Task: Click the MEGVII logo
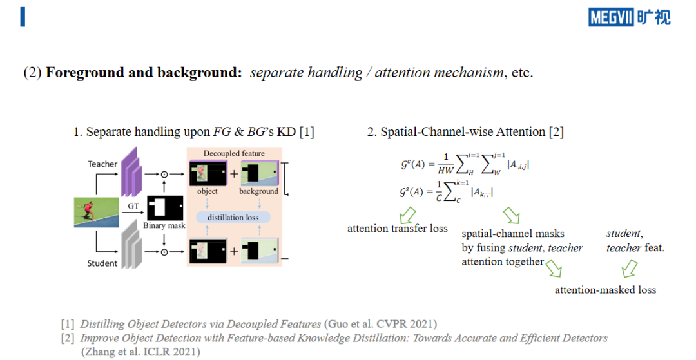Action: pyautogui.click(x=630, y=17)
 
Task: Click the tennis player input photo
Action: pyautogui.click(x=96, y=213)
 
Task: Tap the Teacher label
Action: pyautogui.click(x=102, y=164)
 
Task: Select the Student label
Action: pyautogui.click(x=102, y=263)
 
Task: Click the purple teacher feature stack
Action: pyautogui.click(x=131, y=172)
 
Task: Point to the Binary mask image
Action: pyautogui.click(x=165, y=208)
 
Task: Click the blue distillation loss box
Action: pyautogui.click(x=233, y=218)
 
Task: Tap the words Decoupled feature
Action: pyautogui.click(x=234, y=153)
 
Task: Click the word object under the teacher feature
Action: pyautogui.click(x=208, y=191)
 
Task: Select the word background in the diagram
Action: pyautogui.click(x=259, y=191)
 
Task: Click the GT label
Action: pyautogui.click(x=133, y=206)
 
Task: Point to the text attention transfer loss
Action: pyautogui.click(x=397, y=229)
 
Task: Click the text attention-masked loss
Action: pyautogui.click(x=605, y=290)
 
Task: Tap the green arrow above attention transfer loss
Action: pyautogui.click(x=407, y=216)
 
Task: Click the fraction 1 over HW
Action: pyautogui.click(x=446, y=164)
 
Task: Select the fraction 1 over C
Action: pyautogui.click(x=440, y=191)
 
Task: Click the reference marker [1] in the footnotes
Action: pyautogui.click(x=68, y=324)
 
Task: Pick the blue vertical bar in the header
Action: pyautogui.click(x=23, y=17)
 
